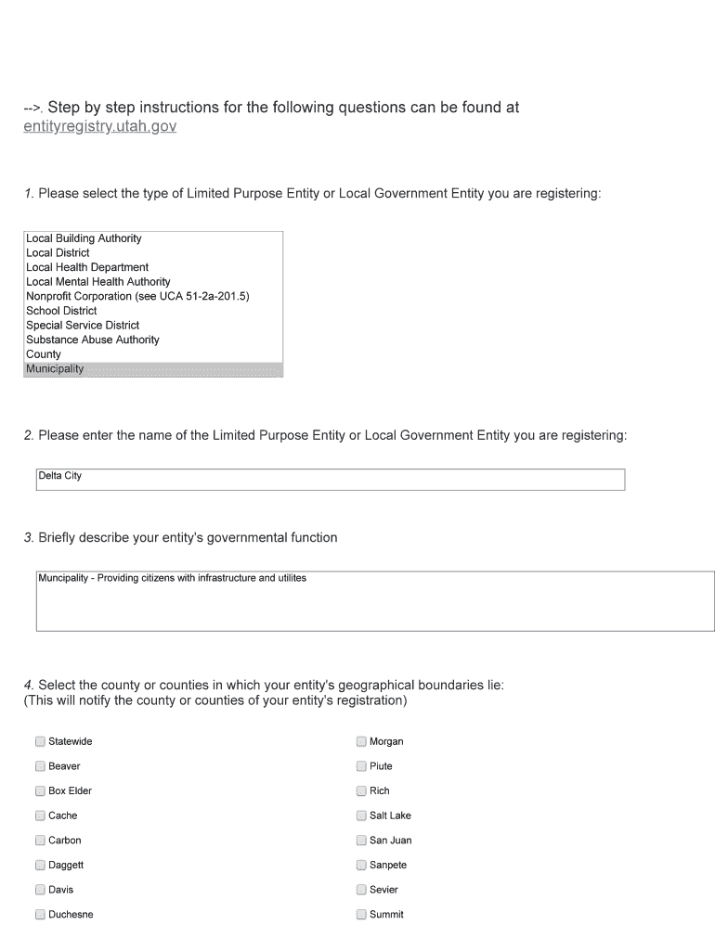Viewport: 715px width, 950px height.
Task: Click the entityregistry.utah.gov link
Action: [x=99, y=126]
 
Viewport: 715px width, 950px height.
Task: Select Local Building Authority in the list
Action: [x=84, y=238]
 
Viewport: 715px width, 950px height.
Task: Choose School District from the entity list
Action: [x=61, y=311]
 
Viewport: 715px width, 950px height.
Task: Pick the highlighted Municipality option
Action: [x=55, y=369]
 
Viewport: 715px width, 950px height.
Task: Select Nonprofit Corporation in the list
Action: [x=137, y=296]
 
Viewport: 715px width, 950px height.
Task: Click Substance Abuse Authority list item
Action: [x=93, y=340]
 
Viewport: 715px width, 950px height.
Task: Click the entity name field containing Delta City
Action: [x=330, y=479]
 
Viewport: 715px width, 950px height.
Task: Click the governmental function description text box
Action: [x=375, y=601]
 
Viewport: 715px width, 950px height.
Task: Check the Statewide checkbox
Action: [x=40, y=741]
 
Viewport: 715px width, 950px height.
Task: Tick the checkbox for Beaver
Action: [x=40, y=766]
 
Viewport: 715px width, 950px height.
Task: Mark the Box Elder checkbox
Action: [x=40, y=791]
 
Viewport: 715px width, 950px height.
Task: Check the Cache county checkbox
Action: [x=40, y=815]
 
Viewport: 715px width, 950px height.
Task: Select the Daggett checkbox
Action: [x=40, y=865]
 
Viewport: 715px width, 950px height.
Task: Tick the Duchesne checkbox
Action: [x=40, y=915]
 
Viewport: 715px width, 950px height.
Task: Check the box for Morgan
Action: [x=361, y=741]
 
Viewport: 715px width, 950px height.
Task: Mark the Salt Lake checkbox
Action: [x=361, y=815]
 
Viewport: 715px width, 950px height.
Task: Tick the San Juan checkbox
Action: [x=361, y=841]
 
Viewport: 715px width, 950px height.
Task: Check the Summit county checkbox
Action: [x=361, y=915]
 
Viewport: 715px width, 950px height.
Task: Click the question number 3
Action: [x=29, y=538]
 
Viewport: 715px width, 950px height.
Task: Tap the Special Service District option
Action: [x=83, y=326]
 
